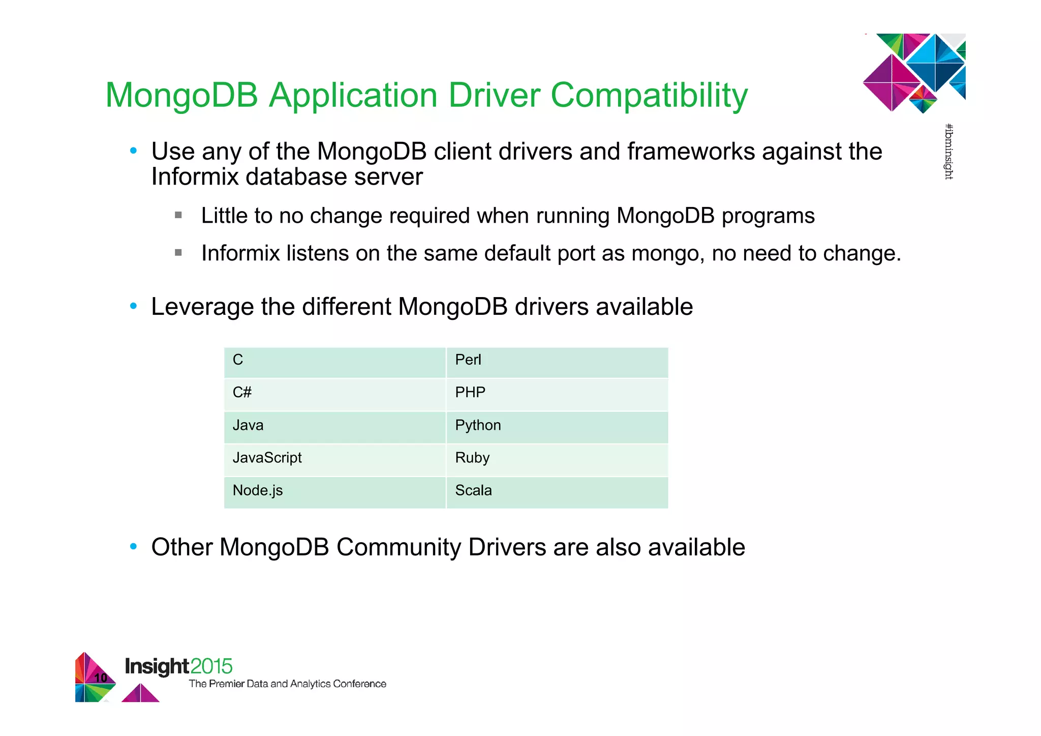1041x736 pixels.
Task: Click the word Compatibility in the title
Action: pyautogui.click(x=649, y=96)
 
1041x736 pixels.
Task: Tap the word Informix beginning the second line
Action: pyautogui.click(x=195, y=177)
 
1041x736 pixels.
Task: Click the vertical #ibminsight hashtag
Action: pyautogui.click(x=948, y=152)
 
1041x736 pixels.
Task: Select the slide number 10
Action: pyautogui.click(x=101, y=678)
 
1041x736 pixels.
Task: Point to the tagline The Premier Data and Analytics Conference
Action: pyautogui.click(x=287, y=684)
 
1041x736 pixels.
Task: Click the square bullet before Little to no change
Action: pyautogui.click(x=178, y=215)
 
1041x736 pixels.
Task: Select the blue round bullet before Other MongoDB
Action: pyautogui.click(x=133, y=547)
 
